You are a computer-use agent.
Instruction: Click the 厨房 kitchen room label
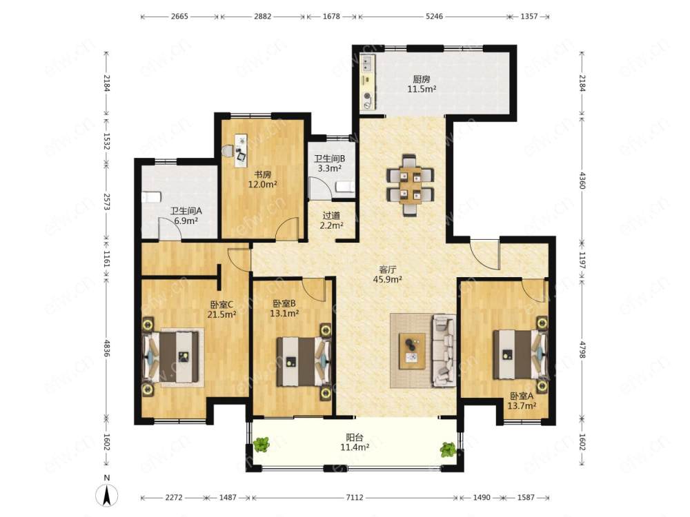coord(421,79)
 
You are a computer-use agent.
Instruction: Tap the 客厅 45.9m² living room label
coord(387,274)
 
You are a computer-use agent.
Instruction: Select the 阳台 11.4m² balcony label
coord(355,443)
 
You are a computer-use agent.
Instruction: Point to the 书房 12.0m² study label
coord(262,179)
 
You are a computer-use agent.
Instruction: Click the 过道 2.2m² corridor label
coord(331,221)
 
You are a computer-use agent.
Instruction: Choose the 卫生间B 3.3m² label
coord(328,163)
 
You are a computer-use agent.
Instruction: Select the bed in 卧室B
coord(304,361)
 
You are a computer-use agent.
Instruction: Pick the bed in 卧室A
coord(520,354)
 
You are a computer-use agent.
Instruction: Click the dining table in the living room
coord(410,185)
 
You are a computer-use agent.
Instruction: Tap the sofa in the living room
coord(444,350)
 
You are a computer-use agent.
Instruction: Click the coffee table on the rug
coord(412,351)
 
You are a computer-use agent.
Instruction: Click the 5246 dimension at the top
coord(434,17)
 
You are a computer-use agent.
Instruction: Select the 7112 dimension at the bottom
coord(355,497)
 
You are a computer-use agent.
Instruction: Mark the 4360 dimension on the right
coord(582,181)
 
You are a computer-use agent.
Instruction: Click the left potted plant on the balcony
coord(262,445)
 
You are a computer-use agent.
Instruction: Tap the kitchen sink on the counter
coord(366,63)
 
